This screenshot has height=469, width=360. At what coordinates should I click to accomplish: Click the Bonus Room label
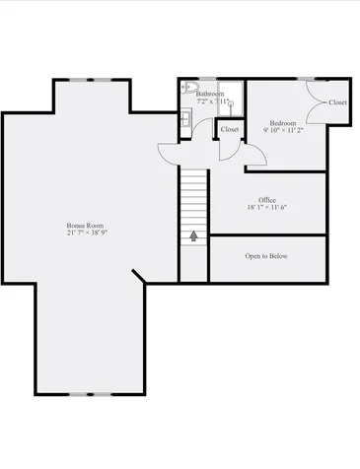pos(86,226)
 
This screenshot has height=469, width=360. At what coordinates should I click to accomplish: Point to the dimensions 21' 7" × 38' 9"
pos(86,234)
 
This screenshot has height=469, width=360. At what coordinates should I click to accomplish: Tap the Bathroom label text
pos(210,94)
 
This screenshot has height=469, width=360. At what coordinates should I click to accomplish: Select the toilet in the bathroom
pos(188,88)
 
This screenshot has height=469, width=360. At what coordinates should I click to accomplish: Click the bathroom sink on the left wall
pos(184,118)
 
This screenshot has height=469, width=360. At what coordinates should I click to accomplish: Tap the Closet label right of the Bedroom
pos(337,102)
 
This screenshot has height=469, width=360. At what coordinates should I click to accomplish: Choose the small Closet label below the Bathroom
pos(230,129)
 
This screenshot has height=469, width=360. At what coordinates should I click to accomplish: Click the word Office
pos(266,199)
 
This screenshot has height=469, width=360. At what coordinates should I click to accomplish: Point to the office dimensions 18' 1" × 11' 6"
pos(266,207)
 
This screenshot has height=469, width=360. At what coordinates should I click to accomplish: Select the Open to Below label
pos(266,256)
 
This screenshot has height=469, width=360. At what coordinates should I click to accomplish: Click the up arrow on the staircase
pos(193,235)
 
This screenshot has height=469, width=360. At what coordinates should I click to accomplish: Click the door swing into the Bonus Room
pos(169,151)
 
